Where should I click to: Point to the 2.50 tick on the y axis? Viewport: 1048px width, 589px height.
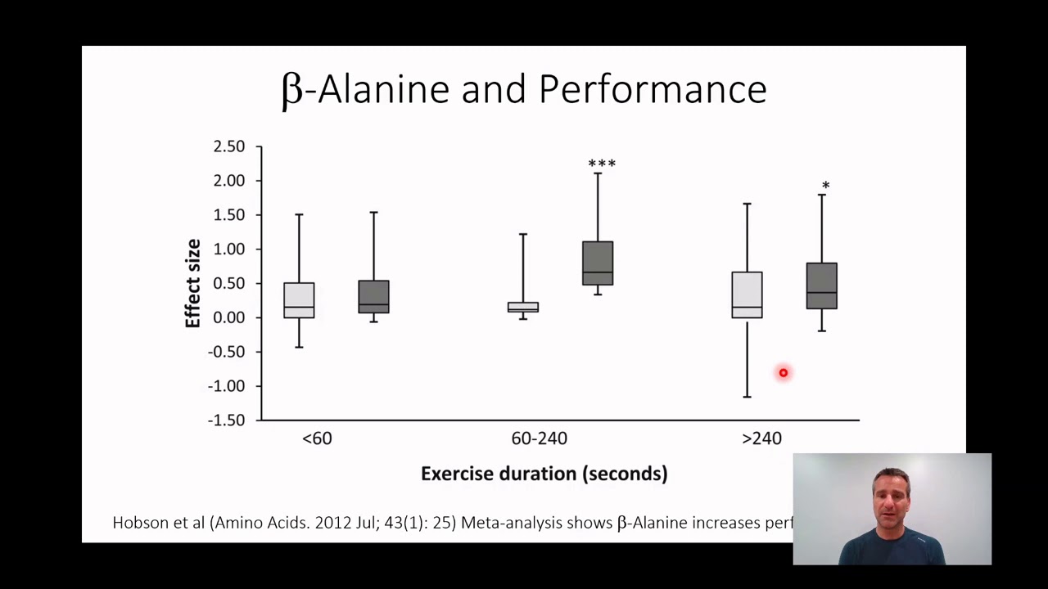click(228, 146)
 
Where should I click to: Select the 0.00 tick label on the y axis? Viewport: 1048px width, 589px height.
click(228, 317)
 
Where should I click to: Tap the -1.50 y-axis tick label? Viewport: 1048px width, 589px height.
click(227, 420)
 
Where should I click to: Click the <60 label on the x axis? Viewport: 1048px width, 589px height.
click(317, 438)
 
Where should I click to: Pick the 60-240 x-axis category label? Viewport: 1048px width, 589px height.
click(539, 438)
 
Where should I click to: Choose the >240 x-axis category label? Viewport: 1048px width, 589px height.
click(761, 438)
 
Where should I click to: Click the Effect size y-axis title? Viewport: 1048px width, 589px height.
click(193, 283)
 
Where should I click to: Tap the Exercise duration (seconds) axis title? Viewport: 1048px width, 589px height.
click(544, 474)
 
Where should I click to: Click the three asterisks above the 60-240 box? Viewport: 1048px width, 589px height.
click(602, 164)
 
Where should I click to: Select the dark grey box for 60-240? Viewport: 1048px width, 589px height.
click(598, 263)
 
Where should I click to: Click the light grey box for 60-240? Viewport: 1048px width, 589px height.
click(523, 308)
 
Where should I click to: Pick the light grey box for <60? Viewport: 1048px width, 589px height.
click(299, 300)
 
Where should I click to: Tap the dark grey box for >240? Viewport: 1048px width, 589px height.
click(821, 286)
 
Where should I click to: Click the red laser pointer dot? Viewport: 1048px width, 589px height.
click(783, 373)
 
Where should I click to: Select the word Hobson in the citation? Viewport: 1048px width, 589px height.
click(140, 523)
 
